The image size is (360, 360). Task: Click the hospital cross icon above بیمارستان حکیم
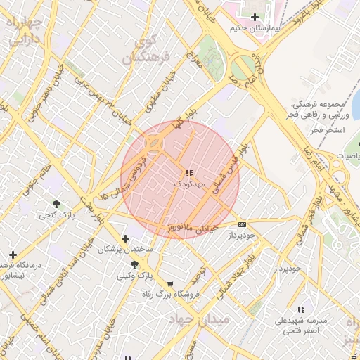click(255, 17)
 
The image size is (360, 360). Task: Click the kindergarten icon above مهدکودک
click(188, 173)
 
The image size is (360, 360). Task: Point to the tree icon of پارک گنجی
click(56, 204)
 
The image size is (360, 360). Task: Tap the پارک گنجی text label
click(56, 215)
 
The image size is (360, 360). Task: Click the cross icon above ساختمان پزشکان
click(126, 238)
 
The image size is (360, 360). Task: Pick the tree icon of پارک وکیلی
click(134, 264)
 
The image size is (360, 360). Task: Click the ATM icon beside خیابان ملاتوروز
click(243, 224)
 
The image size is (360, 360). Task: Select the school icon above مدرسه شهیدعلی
click(302, 309)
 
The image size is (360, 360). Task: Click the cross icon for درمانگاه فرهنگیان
click(13, 254)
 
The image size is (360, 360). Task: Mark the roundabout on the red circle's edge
click(153, 143)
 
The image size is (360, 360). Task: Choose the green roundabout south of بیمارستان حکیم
click(243, 68)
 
